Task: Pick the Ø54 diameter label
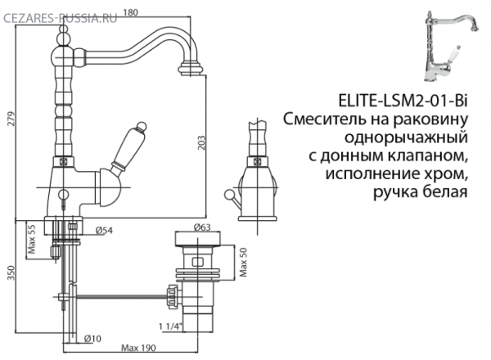click(103, 232)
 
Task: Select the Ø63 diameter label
click(205, 227)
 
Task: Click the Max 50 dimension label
click(242, 263)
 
